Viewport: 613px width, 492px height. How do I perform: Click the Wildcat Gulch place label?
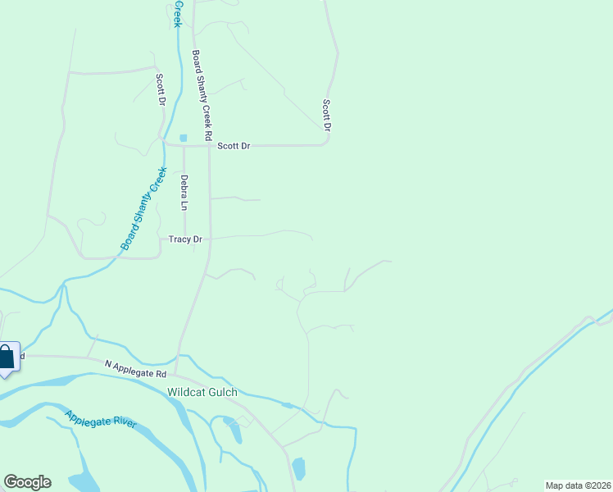[x=202, y=392]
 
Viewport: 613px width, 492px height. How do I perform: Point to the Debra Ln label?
[x=184, y=192]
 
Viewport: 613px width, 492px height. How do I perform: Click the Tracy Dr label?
[x=185, y=239]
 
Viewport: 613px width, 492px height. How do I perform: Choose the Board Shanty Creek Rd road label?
[x=202, y=94]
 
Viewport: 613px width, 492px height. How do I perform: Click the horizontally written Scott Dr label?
[x=234, y=146]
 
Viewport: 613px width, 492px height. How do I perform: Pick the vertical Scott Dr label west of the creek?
[x=161, y=90]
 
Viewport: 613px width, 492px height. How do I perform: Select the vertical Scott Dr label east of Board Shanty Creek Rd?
[x=326, y=116]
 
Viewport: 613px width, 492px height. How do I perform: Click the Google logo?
[x=27, y=482]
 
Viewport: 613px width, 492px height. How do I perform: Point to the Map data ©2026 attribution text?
[x=578, y=485]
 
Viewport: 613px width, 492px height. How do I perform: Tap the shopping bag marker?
[x=7, y=358]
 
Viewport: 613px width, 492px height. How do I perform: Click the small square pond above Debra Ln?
[x=183, y=138]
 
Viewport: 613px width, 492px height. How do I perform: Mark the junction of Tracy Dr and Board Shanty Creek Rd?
[x=210, y=239]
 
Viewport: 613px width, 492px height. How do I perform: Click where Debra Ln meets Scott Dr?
[x=184, y=146]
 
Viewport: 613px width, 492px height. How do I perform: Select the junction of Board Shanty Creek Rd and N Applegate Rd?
[x=175, y=371]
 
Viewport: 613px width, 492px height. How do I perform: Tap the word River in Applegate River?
[x=122, y=423]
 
